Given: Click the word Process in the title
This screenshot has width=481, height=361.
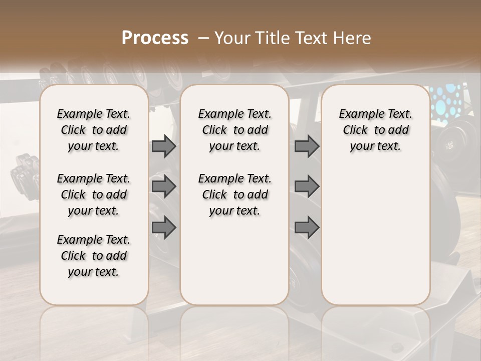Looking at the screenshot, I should [x=155, y=38].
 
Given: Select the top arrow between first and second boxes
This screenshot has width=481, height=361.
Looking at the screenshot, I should [x=164, y=146].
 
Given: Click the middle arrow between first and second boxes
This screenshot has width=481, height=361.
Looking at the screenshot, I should [x=164, y=187].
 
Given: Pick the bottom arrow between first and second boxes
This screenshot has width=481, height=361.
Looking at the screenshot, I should [x=164, y=227].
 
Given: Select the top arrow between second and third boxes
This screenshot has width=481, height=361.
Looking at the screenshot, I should [x=307, y=146].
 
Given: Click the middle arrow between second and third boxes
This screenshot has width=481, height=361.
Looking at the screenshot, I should [x=307, y=187].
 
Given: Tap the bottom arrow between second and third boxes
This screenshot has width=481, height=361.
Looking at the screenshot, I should [x=307, y=227].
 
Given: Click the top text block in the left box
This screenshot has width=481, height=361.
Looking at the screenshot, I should [x=94, y=130].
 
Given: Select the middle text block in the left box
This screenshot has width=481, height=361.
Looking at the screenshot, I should [x=94, y=195].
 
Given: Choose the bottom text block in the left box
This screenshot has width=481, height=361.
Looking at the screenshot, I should [x=94, y=256].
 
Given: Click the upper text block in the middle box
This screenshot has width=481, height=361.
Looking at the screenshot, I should [x=235, y=130].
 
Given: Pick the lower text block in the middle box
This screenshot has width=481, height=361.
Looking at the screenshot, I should [x=235, y=195].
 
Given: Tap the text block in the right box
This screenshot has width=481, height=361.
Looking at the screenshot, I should [x=376, y=130].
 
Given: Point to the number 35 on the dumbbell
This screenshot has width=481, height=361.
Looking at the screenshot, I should [x=450, y=145].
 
